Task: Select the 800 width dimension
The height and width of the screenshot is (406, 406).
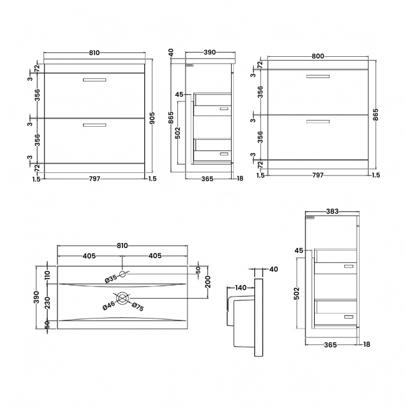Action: tap(317, 56)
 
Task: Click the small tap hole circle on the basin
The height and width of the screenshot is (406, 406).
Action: tap(122, 274)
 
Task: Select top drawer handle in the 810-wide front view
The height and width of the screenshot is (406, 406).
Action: tap(94, 79)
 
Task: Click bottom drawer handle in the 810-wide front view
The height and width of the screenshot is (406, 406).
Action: tap(94, 126)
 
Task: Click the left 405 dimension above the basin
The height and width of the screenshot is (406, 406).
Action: tap(89, 255)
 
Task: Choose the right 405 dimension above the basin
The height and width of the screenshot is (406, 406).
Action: tap(155, 255)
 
